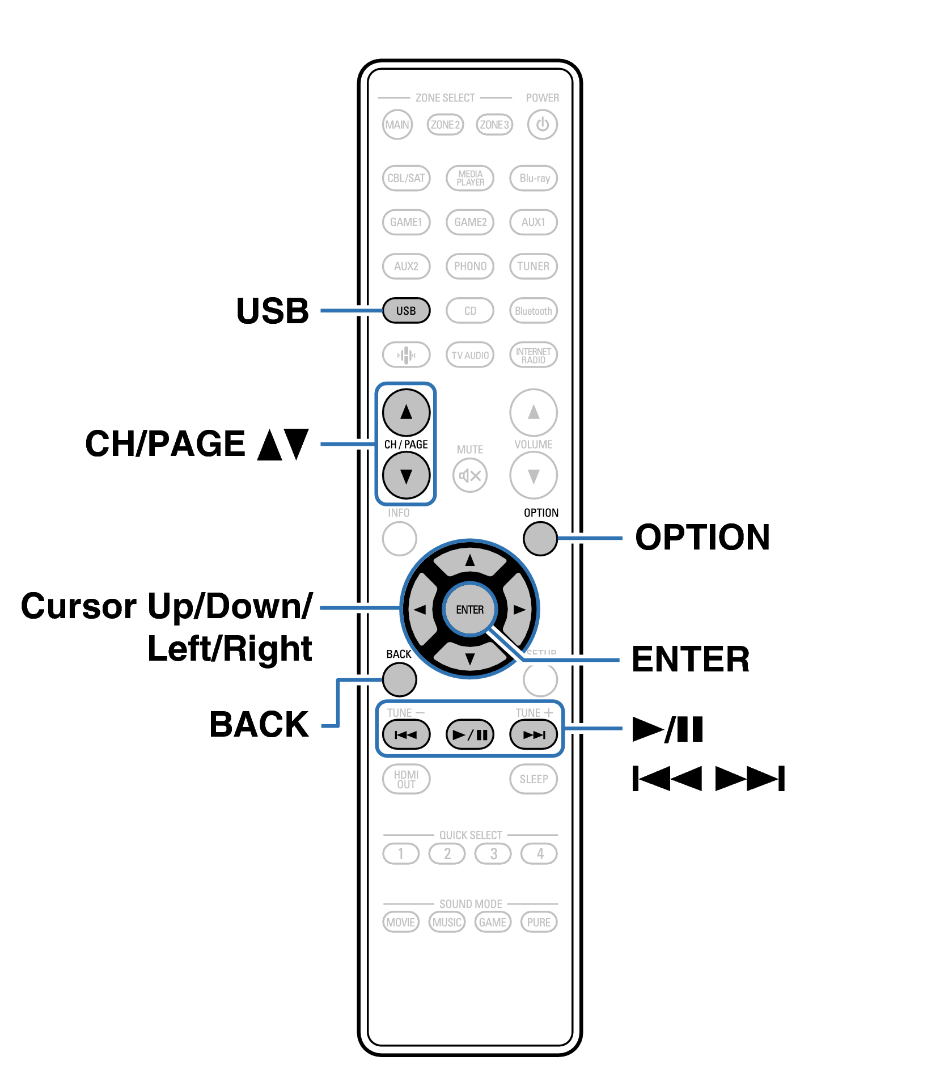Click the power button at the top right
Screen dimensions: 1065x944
point(542,125)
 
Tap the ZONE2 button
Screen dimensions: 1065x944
point(445,125)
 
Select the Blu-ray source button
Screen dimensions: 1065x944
point(534,178)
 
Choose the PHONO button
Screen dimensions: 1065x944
point(470,266)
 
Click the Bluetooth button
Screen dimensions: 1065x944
point(534,311)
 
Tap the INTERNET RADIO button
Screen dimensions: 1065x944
point(534,355)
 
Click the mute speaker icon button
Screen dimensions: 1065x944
point(470,475)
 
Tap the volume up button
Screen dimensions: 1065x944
point(534,412)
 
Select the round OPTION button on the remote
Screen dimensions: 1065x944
point(540,539)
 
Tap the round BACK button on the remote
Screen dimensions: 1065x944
point(400,679)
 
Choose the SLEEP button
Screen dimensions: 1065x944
point(534,779)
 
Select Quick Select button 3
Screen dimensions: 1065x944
point(494,853)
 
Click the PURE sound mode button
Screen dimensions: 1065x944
point(539,922)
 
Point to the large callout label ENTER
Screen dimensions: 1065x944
point(690,660)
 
